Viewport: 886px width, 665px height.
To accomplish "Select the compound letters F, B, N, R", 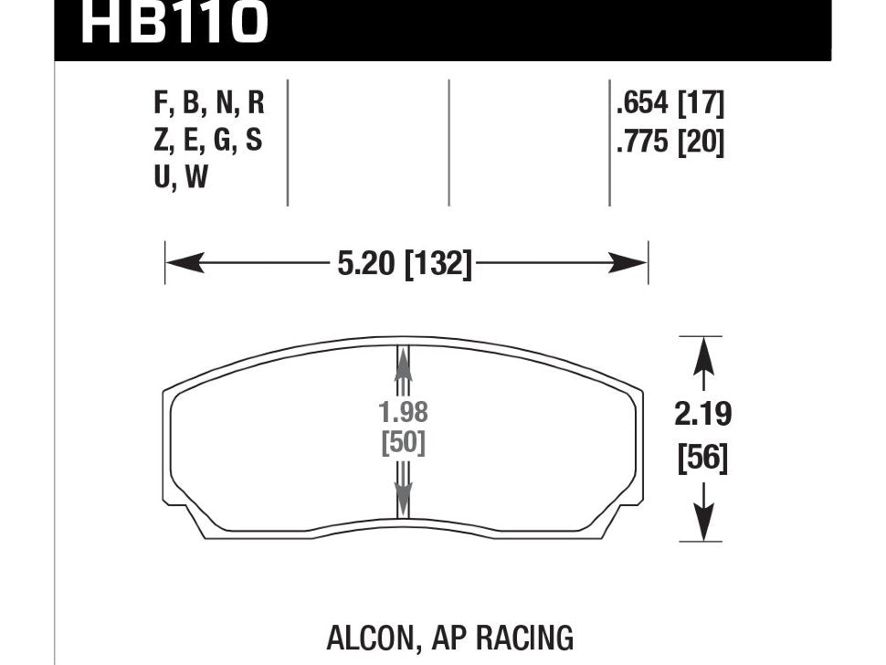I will coord(209,103).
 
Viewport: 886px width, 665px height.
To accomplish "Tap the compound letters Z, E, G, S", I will coord(209,142).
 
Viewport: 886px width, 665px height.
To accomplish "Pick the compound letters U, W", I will coord(182,179).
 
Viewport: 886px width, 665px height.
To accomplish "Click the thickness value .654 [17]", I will coord(670,105).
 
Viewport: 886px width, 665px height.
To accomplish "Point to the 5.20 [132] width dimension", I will coord(405,265).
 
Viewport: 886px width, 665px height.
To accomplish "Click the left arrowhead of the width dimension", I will coord(179,265).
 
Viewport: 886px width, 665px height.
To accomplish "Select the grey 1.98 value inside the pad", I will coord(403,413).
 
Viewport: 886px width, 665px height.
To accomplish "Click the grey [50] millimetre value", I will coord(403,444).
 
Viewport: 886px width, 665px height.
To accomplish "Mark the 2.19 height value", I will coord(702,416).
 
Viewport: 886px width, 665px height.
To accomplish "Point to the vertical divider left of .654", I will coord(609,142).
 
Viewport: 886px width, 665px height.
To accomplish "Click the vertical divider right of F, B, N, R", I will coord(288,142).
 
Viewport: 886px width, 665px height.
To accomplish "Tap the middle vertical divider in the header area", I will coord(448,142).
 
